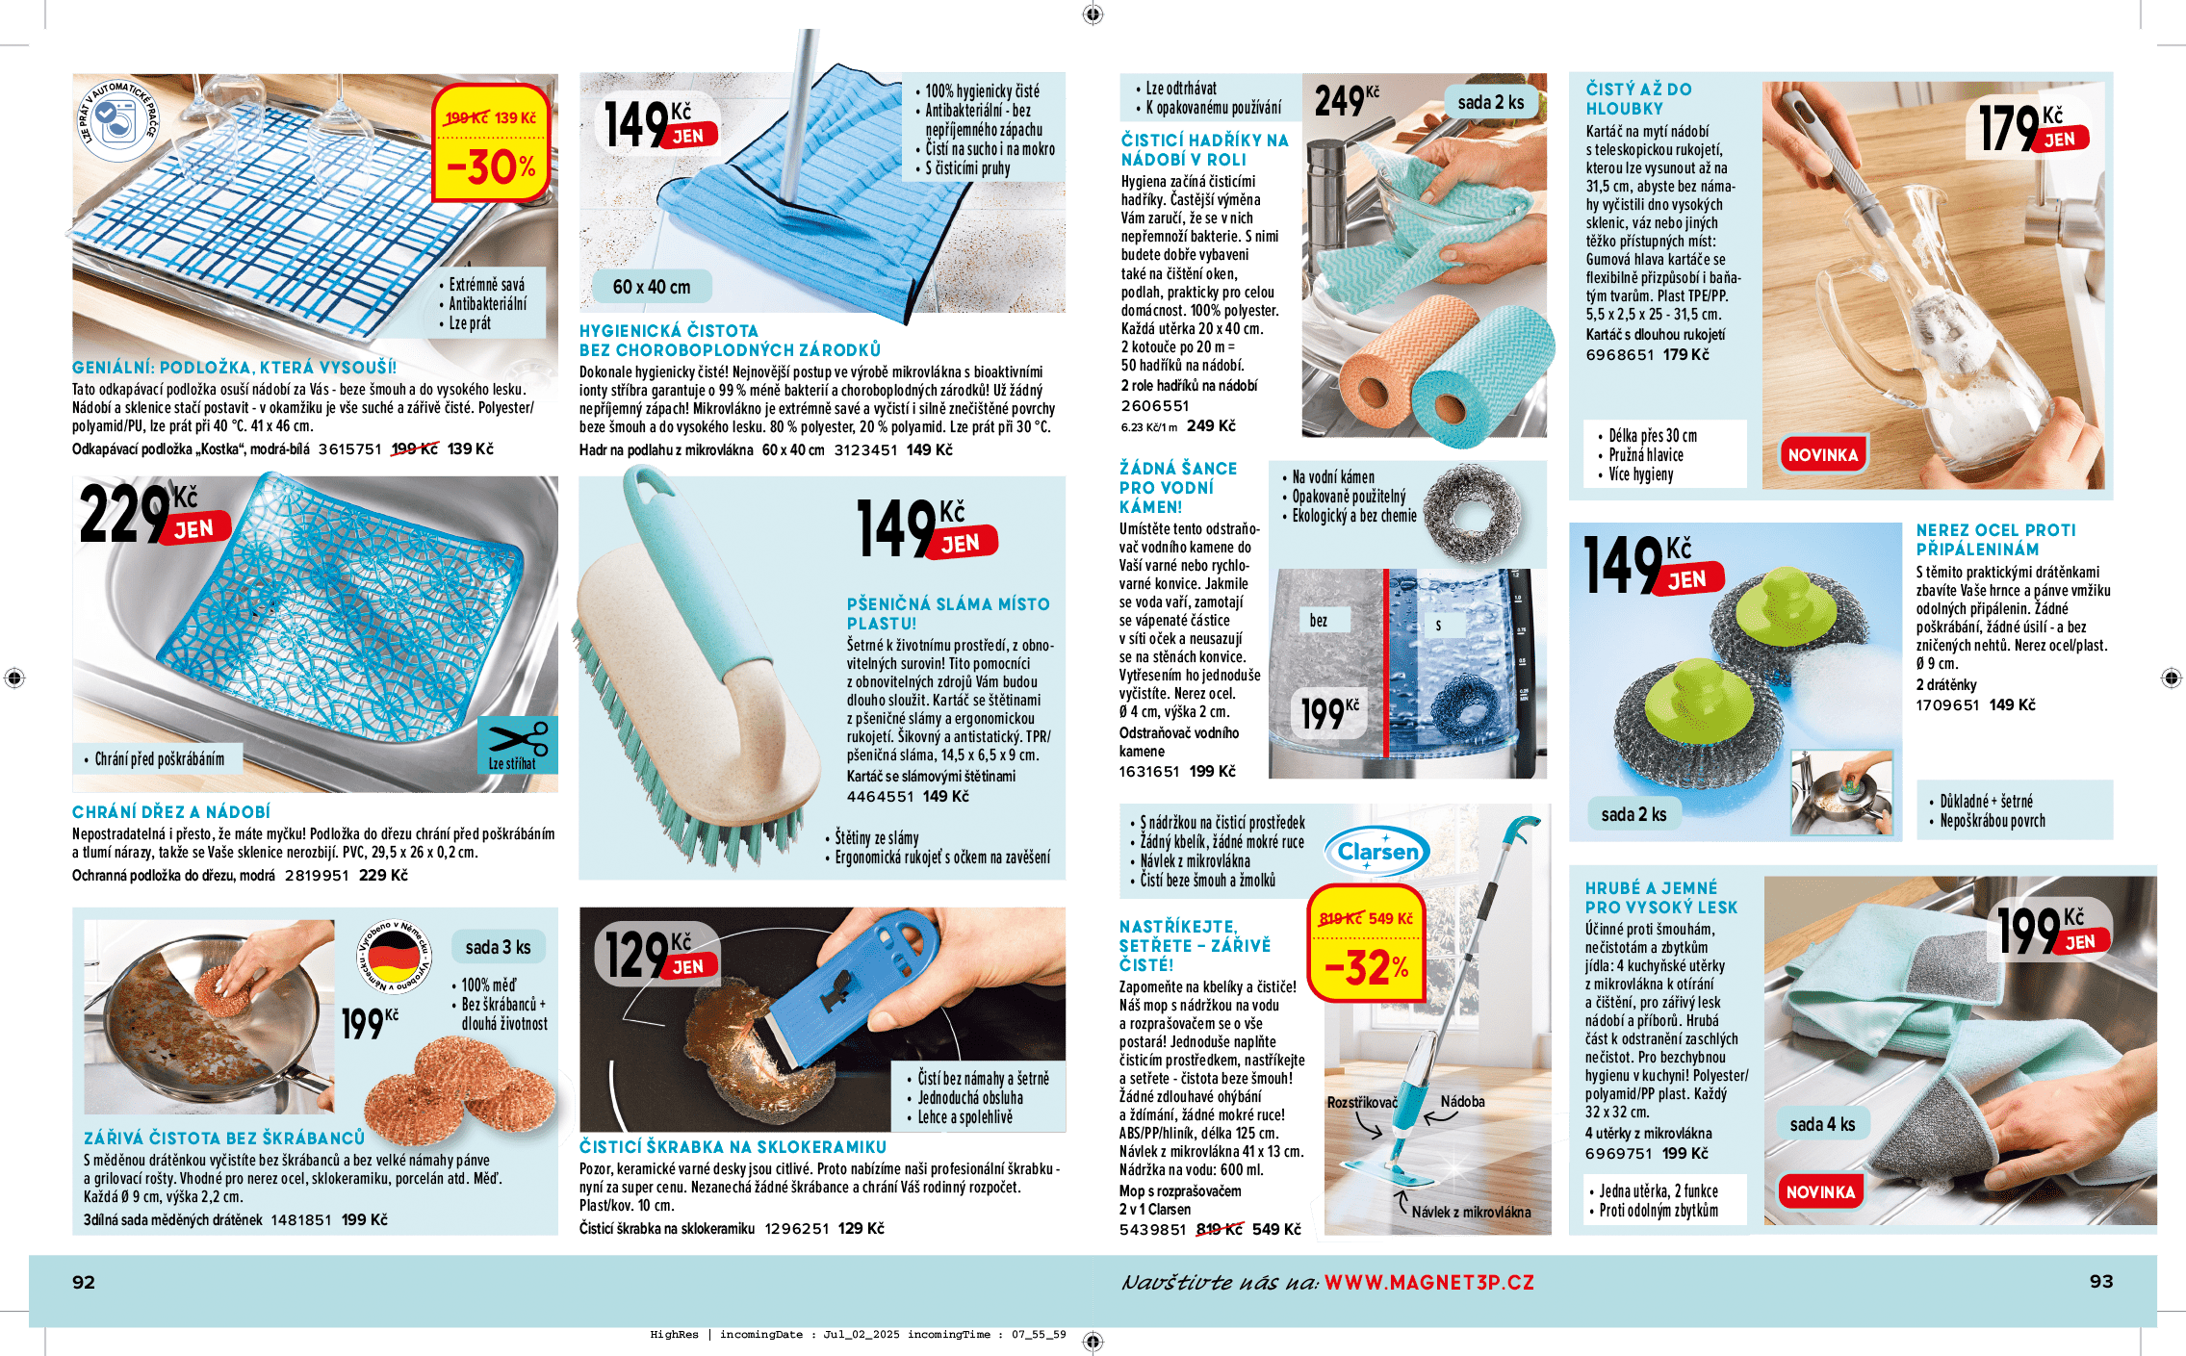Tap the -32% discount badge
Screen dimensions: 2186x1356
click(1367, 943)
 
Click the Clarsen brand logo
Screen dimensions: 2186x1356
click(1377, 851)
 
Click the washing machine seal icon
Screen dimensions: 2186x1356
click(118, 120)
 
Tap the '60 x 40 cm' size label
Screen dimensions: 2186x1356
click(652, 287)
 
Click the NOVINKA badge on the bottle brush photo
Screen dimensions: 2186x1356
click(1823, 454)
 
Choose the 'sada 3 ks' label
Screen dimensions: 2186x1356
click(498, 947)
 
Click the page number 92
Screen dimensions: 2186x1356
click(84, 1282)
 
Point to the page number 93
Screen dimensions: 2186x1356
click(2101, 1281)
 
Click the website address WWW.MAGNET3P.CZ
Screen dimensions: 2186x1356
click(1429, 1282)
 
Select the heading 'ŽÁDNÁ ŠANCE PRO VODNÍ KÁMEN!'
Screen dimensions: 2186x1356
click(1178, 487)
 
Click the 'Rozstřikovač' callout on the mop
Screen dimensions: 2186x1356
click(1362, 1102)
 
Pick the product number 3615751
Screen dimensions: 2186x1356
click(349, 448)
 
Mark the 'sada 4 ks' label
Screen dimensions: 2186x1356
click(1822, 1124)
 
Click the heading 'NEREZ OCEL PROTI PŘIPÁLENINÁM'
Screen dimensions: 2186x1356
click(1995, 540)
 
